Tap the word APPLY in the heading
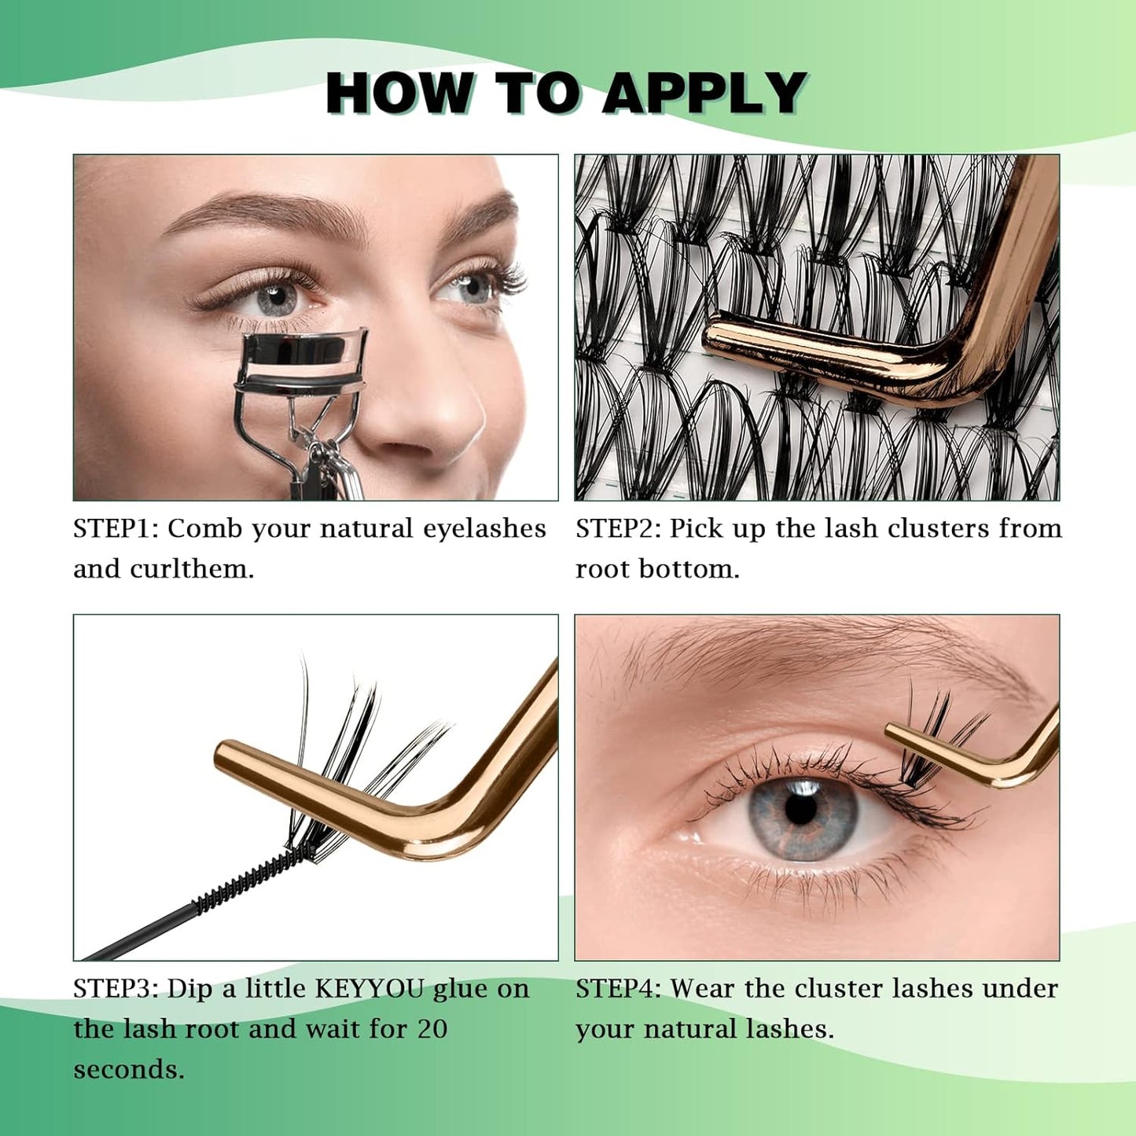(x=704, y=94)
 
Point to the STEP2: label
(x=619, y=528)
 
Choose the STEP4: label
(x=619, y=988)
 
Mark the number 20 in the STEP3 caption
(x=432, y=1029)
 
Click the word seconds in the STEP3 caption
(x=128, y=1070)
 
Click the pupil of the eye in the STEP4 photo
(x=800, y=810)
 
